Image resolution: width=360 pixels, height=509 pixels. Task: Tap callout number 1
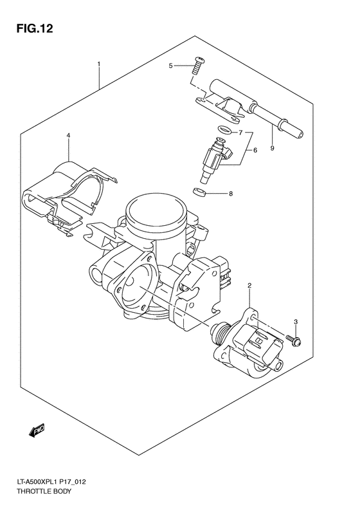pos(99,64)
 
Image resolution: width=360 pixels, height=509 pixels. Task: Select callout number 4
pos(68,134)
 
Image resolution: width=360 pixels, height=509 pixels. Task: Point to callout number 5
pos(171,66)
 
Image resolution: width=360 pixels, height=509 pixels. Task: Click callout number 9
pos(273,148)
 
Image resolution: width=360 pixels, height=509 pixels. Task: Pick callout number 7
pos(240,133)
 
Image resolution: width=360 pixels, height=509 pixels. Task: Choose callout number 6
pos(255,150)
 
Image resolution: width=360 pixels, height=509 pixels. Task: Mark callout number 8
pos(231,193)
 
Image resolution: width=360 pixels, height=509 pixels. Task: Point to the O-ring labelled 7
pos(222,130)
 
